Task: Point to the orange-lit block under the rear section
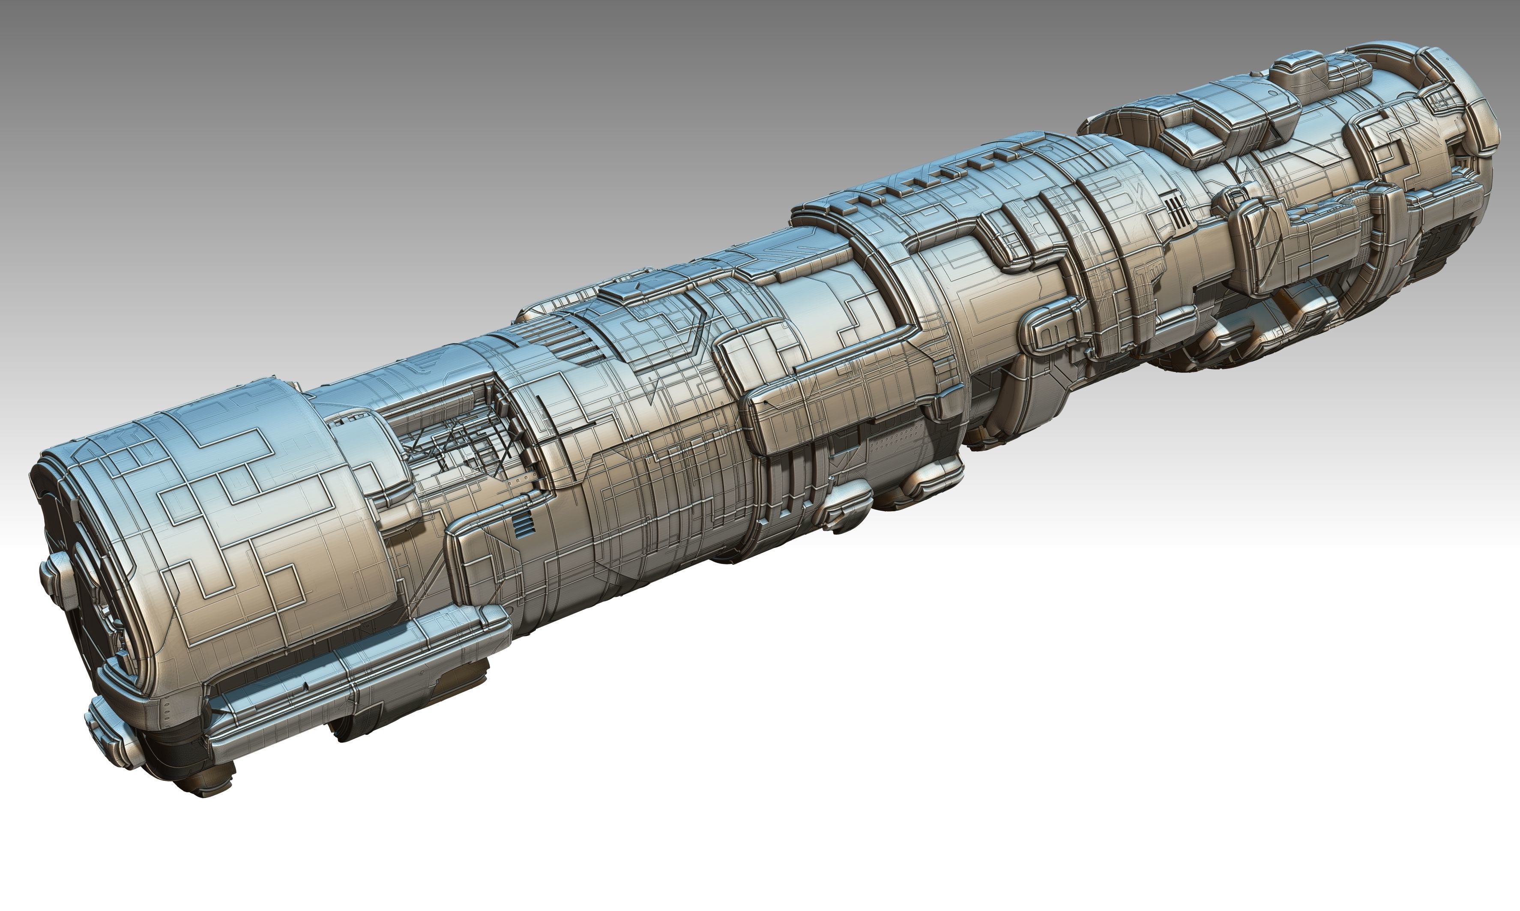click(x=1295, y=307)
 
